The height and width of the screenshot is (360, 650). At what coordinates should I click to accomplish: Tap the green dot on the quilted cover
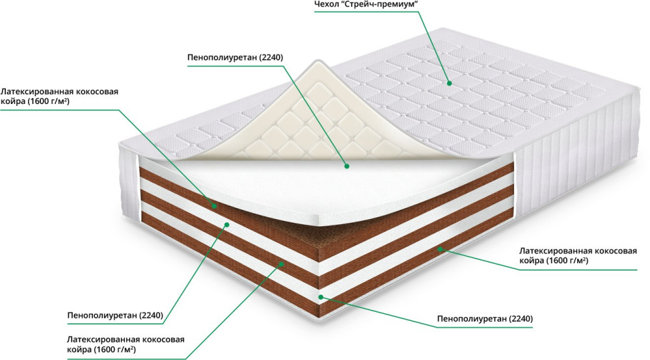click(x=449, y=83)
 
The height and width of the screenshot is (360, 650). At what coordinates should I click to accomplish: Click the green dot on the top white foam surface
click(x=346, y=166)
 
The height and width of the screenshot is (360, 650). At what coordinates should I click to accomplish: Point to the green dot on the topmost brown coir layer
click(x=214, y=206)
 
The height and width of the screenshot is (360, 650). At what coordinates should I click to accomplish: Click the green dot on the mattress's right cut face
click(x=440, y=248)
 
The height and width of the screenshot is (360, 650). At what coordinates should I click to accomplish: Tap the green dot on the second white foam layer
click(x=226, y=225)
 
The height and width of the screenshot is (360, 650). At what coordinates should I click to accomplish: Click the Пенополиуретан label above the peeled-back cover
click(x=235, y=58)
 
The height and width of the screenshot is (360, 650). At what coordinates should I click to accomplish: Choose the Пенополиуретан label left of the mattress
click(x=114, y=316)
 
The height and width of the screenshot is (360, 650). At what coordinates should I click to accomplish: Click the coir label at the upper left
click(x=59, y=97)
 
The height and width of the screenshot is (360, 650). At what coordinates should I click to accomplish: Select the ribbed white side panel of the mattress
click(x=572, y=169)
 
